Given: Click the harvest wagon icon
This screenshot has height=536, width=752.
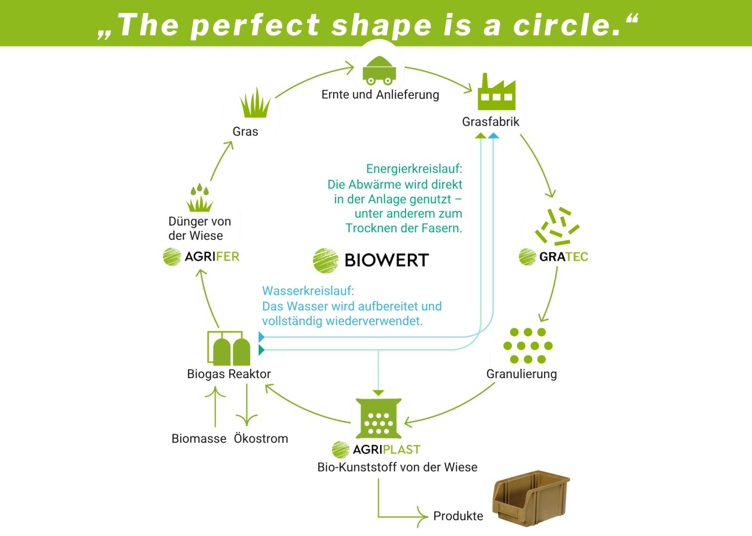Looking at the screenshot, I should click(x=379, y=70).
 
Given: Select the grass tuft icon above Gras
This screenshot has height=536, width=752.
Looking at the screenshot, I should click(x=255, y=103).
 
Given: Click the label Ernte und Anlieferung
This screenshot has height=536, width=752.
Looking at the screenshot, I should click(x=380, y=94).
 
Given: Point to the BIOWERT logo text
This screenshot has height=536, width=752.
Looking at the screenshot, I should click(x=386, y=260).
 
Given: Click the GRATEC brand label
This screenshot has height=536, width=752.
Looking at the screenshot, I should click(x=563, y=257).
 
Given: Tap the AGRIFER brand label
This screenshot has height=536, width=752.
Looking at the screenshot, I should click(x=212, y=257).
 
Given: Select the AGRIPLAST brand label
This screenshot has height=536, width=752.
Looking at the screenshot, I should click(x=386, y=450).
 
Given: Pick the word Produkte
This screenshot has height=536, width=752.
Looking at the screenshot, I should click(x=458, y=516).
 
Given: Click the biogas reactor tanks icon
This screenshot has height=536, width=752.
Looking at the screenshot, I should click(x=229, y=348).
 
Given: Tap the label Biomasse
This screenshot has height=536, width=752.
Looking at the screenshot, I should click(x=199, y=439).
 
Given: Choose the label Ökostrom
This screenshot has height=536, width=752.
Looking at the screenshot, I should click(x=261, y=439).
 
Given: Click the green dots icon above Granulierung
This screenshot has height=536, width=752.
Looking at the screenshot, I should click(x=528, y=345).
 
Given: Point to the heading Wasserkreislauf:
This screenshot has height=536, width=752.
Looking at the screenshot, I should click(x=308, y=291).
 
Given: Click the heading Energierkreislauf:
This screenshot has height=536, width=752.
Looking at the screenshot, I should click(x=414, y=169).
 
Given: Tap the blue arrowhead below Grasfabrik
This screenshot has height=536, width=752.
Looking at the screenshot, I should click(x=493, y=135).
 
